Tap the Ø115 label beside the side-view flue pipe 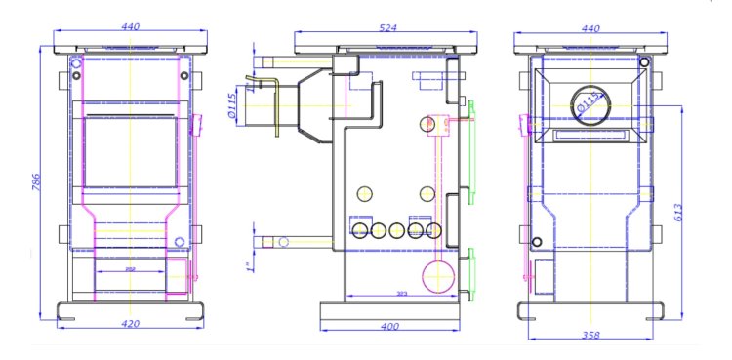232,105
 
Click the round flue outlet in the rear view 591,100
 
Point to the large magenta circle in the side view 437,275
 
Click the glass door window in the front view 130,152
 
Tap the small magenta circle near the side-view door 429,123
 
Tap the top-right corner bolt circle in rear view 644,62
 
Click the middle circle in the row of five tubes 395,230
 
